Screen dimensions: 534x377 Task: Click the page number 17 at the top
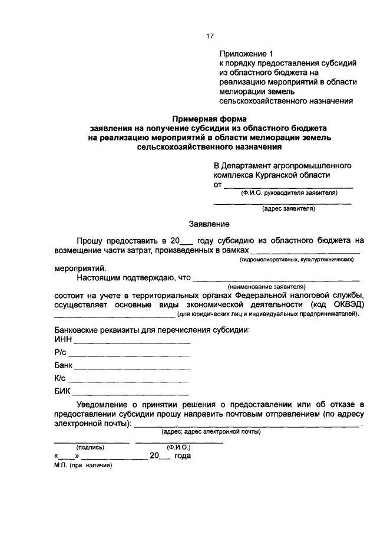[209, 37]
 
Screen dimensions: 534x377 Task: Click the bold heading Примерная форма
[209, 118]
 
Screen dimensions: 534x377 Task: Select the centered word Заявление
[209, 224]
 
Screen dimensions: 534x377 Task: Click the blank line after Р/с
[129, 355]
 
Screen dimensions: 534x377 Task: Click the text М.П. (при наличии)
[82, 465]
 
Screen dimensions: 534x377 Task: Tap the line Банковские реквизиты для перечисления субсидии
[152, 329]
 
